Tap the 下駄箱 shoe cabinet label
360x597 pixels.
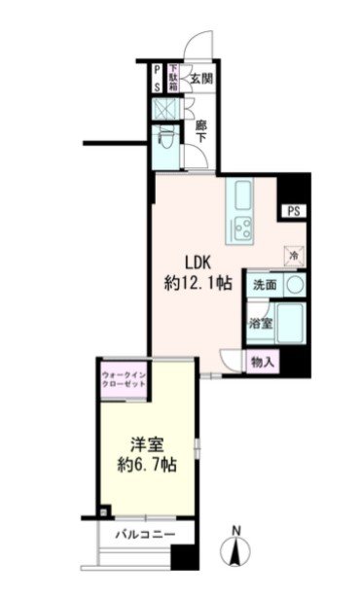[173, 78]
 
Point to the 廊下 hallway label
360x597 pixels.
[200, 131]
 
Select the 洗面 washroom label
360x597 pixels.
[265, 286]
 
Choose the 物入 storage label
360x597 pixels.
[263, 362]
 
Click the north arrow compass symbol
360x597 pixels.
[236, 551]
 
